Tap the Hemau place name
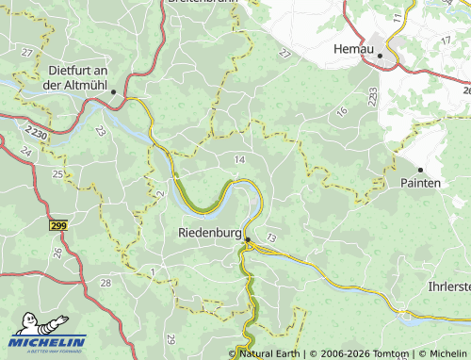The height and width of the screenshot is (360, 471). [x=354, y=48]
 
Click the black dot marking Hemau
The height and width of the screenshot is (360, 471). [x=381, y=56]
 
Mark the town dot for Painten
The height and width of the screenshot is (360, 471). [x=420, y=170]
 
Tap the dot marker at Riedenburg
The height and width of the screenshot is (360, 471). [x=248, y=240]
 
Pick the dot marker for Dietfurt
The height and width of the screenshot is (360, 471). [x=113, y=91]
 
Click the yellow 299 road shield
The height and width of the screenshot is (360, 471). [x=59, y=225]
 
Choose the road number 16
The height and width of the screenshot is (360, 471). [x=341, y=111]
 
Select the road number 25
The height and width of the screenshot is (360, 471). [x=57, y=174]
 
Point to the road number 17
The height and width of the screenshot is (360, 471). [x=397, y=18]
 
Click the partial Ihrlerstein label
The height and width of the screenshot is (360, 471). [x=447, y=286]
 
